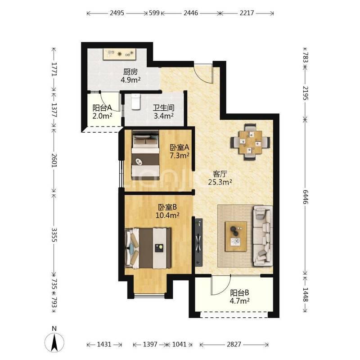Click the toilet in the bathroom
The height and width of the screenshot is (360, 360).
136,101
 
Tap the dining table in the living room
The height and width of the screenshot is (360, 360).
250,142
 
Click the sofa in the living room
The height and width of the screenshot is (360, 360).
263,236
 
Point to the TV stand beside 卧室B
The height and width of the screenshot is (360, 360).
198,242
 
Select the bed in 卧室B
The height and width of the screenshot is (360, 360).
148,248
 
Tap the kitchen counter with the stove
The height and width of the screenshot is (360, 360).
119,54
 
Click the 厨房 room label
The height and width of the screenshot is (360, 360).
130,72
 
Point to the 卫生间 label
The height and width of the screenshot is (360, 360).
163,108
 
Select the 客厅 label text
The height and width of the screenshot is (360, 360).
220,174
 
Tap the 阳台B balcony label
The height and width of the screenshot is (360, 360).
240,293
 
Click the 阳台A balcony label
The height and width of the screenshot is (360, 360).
102,108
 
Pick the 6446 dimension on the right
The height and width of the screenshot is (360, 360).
305,197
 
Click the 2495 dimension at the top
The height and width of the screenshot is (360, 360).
117,13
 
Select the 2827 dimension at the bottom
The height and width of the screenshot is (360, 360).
234,344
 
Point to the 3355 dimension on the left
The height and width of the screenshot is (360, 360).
54,234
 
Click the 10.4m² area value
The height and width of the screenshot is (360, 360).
167,216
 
